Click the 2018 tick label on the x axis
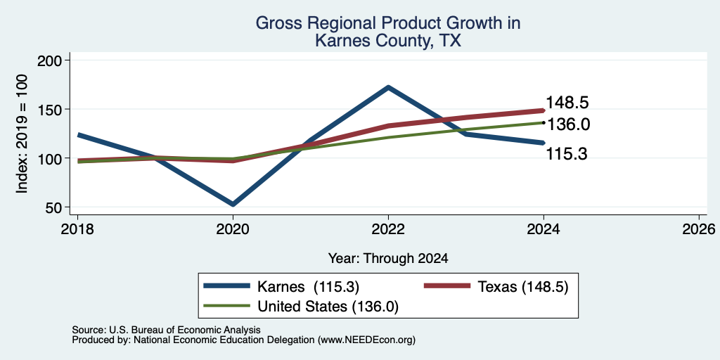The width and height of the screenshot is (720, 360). coord(77,229)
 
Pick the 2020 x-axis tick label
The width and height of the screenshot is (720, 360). coord(233,229)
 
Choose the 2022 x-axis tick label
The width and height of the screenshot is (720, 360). coord(388,229)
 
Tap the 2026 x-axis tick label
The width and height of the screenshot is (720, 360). coord(699,229)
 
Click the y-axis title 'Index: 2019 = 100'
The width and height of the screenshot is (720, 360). coord(22,134)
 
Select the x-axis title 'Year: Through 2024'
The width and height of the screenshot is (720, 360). coord(388,259)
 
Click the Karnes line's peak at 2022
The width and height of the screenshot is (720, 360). coord(388,86)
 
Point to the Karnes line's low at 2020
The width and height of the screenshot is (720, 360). coord(233,204)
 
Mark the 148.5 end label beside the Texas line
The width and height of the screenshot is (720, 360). coord(567,103)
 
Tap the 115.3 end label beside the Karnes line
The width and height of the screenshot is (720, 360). coord(567,154)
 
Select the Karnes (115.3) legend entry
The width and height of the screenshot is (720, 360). coord(281,287)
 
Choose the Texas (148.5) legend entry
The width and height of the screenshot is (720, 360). coord(496,287)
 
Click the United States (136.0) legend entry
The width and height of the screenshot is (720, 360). coord(301,307)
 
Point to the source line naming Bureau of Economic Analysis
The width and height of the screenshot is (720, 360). coord(166,330)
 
